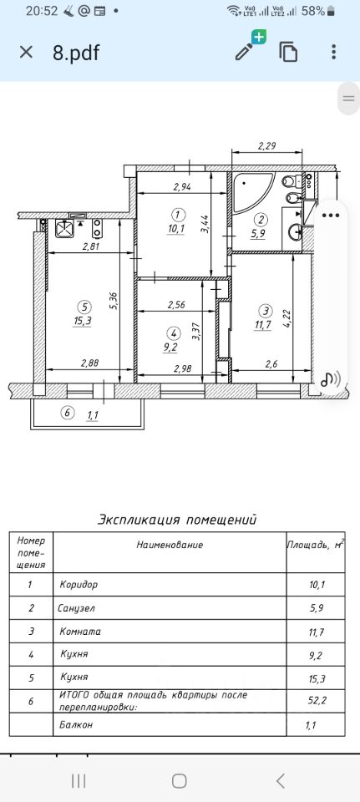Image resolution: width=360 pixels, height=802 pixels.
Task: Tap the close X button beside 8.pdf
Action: [26, 52]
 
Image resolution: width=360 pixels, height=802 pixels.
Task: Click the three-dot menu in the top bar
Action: [333, 52]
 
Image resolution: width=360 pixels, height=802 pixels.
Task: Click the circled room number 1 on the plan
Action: [177, 213]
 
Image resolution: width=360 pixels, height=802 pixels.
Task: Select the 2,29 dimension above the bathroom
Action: [266, 145]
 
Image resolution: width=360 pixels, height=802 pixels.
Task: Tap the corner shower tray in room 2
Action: [252, 193]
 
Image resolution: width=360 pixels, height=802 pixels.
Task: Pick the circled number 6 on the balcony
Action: [67, 413]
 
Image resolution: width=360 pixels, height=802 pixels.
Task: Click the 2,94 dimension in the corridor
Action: [182, 186]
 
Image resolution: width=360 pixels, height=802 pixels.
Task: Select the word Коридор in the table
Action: [79, 584]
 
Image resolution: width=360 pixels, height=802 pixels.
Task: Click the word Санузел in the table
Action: [76, 608]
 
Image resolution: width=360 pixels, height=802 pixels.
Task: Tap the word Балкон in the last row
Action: [76, 725]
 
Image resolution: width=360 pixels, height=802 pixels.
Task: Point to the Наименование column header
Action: [170, 545]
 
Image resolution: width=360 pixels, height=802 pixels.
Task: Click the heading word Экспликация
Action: [139, 520]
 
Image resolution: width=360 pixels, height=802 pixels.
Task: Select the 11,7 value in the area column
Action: [317, 632]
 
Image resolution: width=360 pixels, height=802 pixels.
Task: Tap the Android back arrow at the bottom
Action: [280, 780]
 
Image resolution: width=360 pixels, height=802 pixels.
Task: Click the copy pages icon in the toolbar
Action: [288, 52]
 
